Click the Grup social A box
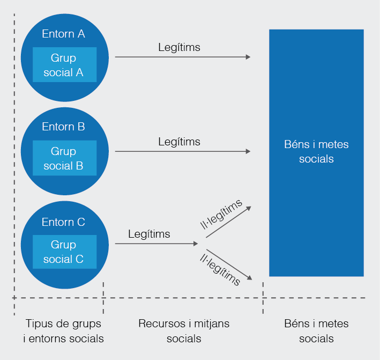[64, 65]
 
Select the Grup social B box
[64, 158]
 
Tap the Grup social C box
[64, 252]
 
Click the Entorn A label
[63, 34]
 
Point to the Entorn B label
[63, 127]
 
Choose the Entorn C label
[63, 222]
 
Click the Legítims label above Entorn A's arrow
[179, 47]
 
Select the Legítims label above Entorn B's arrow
[179, 142]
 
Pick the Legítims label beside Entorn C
[149, 234]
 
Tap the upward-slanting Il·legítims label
[221, 215]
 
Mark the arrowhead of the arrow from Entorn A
[248, 57]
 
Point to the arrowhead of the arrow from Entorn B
[248, 151]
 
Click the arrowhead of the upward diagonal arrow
[249, 207]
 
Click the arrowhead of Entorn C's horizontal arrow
[196, 244]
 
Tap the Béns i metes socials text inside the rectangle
[316, 152]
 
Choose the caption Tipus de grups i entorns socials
[63, 331]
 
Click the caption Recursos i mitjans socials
[184, 331]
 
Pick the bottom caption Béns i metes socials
[316, 331]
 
